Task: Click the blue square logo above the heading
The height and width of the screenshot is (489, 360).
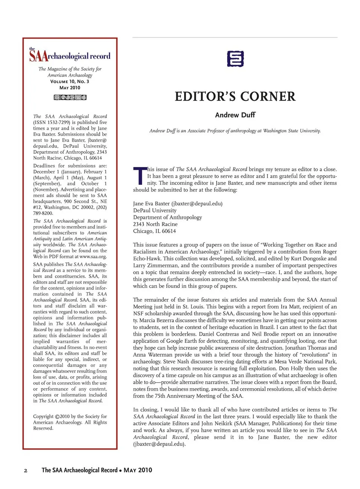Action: [x=235, y=59]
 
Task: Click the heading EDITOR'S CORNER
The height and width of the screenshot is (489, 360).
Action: [x=235, y=96]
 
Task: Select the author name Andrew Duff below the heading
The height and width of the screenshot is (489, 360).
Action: [x=235, y=115]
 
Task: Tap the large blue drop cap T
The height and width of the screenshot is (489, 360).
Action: [x=139, y=176]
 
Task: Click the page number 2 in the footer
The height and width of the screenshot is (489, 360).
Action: [x=25, y=471]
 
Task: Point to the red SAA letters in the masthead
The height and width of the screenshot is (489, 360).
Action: [x=38, y=56]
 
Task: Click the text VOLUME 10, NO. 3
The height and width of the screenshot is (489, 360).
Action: [x=70, y=81]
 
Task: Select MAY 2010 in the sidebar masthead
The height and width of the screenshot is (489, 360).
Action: [x=70, y=88]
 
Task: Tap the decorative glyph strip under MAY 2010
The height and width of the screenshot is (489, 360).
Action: [x=70, y=97]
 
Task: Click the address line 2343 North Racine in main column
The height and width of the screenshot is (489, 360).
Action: [x=155, y=224]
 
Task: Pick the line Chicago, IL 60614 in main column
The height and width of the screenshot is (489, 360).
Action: [x=154, y=231]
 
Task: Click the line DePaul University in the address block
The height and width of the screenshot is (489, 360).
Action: [x=154, y=210]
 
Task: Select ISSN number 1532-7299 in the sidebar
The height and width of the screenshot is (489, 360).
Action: [x=58, y=122]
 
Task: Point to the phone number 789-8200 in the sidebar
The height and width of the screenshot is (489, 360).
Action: [x=43, y=213]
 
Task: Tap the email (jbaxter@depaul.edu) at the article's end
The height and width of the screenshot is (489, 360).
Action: [x=159, y=444]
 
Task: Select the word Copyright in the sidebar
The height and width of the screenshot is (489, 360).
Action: [x=43, y=416]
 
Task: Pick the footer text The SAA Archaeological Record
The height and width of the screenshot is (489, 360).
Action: [x=79, y=470]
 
